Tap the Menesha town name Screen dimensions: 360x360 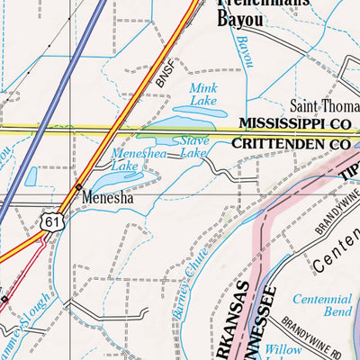click(x=105, y=193)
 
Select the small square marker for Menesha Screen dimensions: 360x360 click(x=79, y=187)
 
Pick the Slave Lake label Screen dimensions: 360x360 click(x=193, y=147)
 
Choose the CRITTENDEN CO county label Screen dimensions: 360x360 click(x=290, y=143)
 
